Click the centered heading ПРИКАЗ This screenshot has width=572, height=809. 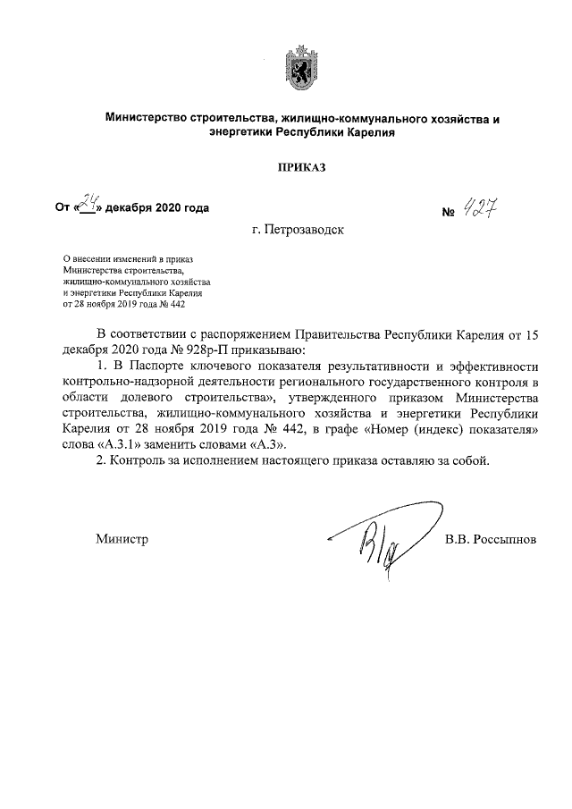(x=296, y=166)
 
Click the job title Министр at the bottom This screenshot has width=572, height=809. (x=122, y=539)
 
